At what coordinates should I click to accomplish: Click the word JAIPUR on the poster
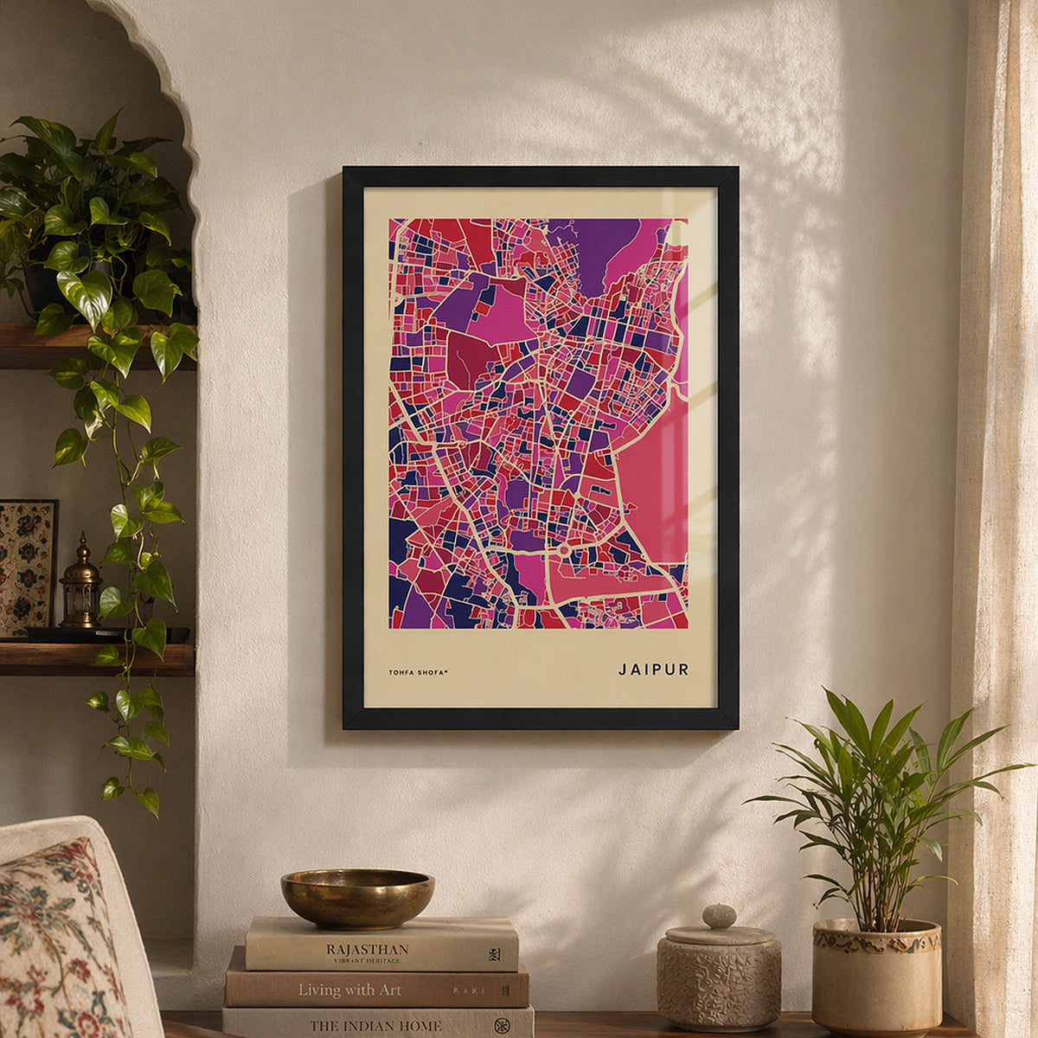click(653, 670)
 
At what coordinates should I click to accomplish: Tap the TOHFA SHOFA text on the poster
click(419, 672)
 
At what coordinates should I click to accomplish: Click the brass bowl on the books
click(357, 898)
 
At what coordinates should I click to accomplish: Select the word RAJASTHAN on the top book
click(367, 949)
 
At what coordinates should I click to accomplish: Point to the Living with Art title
click(349, 990)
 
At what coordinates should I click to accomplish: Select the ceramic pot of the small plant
click(876, 976)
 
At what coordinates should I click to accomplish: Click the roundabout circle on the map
click(564, 550)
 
